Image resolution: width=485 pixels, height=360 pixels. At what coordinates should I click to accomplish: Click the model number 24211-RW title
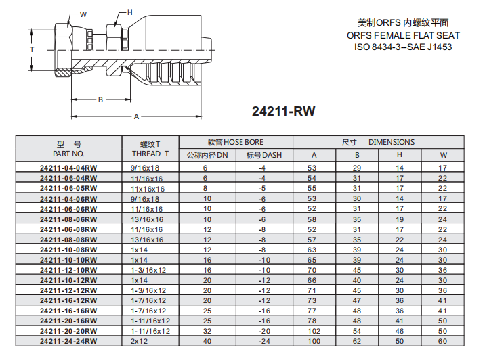click(284, 112)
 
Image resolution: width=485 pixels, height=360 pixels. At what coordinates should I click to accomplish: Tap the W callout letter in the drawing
click(83, 14)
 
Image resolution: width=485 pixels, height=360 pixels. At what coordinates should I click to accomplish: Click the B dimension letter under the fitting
click(100, 99)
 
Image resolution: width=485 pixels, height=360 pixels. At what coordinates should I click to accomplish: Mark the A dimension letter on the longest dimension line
click(136, 116)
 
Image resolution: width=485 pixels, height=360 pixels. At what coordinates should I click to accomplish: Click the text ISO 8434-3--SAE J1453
click(403, 47)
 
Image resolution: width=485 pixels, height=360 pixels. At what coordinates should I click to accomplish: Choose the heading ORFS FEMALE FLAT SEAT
click(403, 35)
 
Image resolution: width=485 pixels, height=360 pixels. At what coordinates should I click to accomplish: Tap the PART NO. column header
click(68, 154)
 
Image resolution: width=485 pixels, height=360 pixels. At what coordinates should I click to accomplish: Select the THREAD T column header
click(150, 154)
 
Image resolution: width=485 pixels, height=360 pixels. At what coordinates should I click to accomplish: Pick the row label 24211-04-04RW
click(68, 167)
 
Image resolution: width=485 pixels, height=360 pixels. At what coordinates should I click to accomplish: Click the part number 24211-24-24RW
click(68, 342)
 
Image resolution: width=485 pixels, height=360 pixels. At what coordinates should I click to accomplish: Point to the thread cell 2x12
click(140, 342)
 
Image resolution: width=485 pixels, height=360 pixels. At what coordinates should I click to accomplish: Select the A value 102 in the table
click(314, 332)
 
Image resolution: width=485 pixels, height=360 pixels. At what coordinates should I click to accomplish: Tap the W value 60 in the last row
click(443, 342)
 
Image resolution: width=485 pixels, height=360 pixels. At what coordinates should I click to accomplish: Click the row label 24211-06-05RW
click(68, 188)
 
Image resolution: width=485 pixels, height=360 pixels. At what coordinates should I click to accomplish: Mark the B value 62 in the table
click(357, 342)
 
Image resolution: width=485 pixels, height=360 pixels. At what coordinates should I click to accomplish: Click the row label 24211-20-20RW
click(68, 332)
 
